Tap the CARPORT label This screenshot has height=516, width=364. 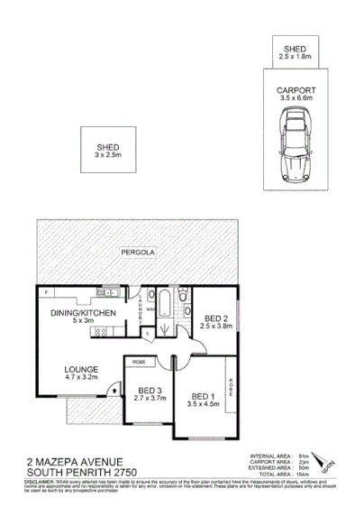(x=296, y=91)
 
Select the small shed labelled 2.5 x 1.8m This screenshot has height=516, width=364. (x=296, y=51)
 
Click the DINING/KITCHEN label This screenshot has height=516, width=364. (x=84, y=312)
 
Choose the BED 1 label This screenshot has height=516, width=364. (x=201, y=393)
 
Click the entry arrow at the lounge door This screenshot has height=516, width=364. (x=112, y=390)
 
